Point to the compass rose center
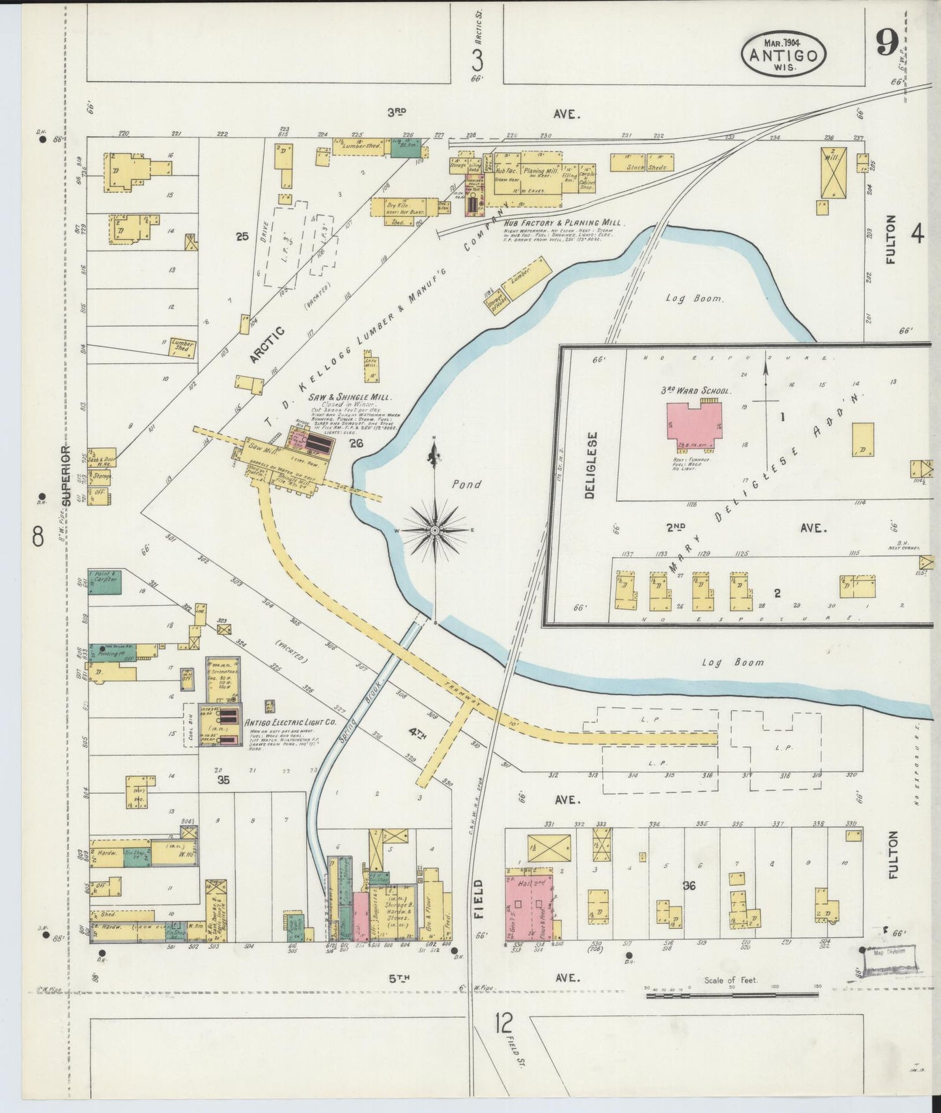pyautogui.click(x=434, y=531)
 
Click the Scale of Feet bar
pyautogui.click(x=732, y=994)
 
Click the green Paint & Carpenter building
pyautogui.click(x=104, y=581)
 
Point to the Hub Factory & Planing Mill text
pyautogui.click(x=564, y=223)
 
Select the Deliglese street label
pyautogui.click(x=590, y=464)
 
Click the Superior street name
pyautogui.click(x=66, y=476)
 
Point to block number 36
pyautogui.click(x=689, y=886)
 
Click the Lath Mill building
pyautogui.click(x=372, y=366)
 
